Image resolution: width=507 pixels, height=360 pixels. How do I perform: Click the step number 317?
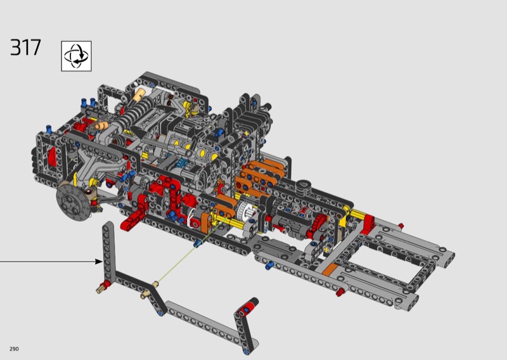click(x=25, y=48)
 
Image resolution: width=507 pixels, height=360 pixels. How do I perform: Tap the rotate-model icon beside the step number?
click(x=76, y=56)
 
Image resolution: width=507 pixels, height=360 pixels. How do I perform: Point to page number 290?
click(x=14, y=349)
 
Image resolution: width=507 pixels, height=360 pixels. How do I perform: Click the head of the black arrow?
click(x=99, y=261)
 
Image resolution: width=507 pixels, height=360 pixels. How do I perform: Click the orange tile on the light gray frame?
click(x=330, y=269)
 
